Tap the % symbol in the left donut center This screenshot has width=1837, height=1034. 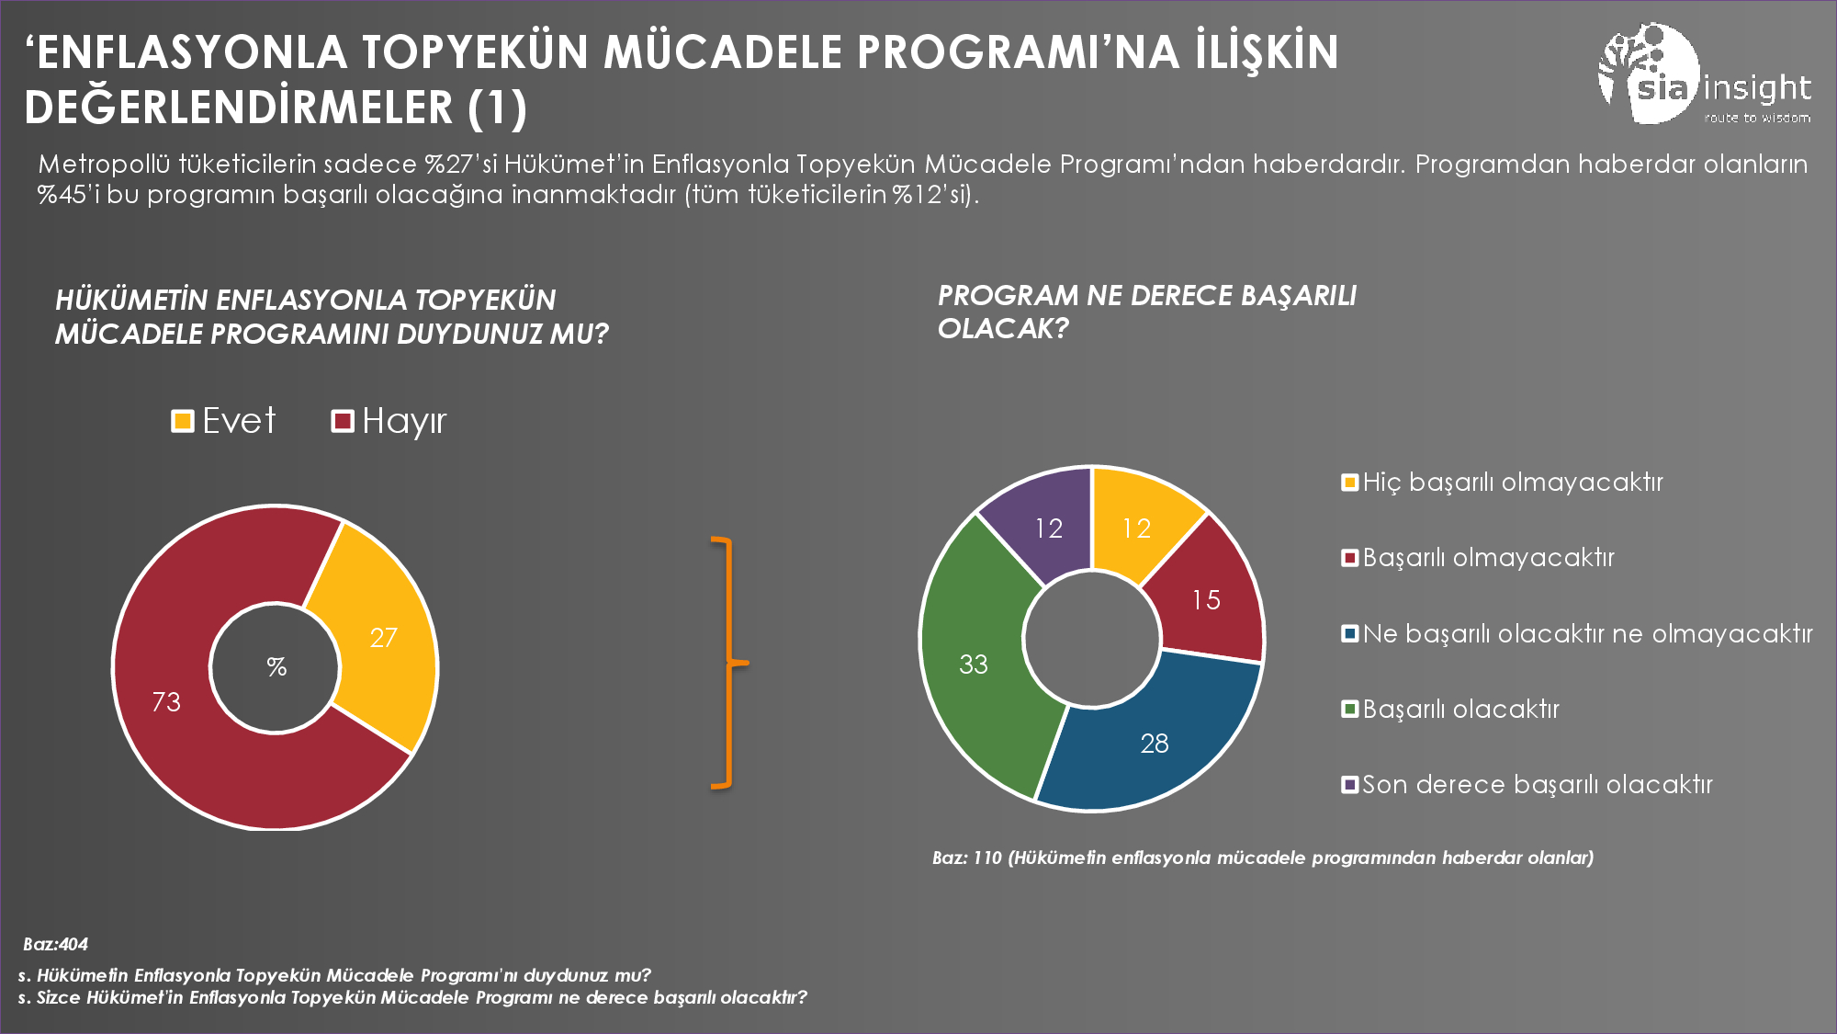pos(276,667)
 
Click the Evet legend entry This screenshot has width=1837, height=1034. pos(224,421)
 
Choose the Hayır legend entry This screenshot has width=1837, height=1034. pos(389,421)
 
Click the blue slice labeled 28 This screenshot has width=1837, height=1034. pos(1154,743)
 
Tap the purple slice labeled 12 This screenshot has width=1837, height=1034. pos(1047,528)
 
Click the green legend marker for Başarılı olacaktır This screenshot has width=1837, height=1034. pos(1349,709)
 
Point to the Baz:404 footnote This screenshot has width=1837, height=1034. pos(55,944)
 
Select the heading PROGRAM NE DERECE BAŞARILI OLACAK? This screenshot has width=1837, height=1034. pos(1146,312)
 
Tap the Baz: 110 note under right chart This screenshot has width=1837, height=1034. pos(1262,858)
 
